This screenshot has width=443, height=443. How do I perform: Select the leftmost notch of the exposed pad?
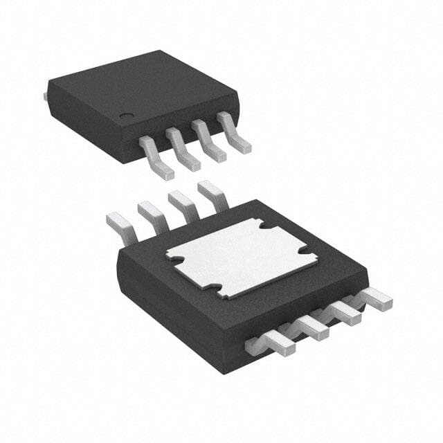175,261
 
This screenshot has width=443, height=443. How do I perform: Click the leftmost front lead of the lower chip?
273,343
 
